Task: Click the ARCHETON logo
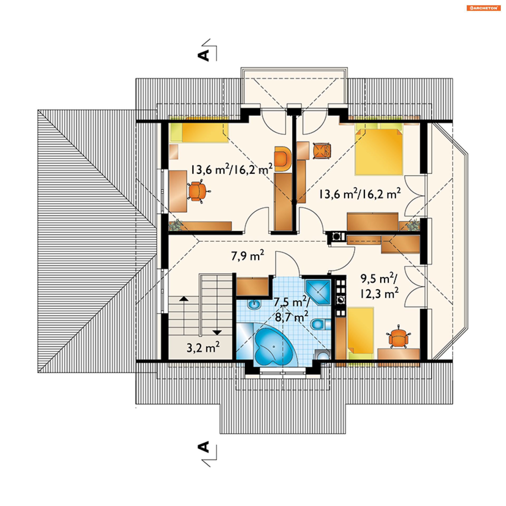483,8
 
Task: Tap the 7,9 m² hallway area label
247,255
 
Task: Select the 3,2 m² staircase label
203,347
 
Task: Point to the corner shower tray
318,292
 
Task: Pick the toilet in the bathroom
320,324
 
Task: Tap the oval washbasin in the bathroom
254,304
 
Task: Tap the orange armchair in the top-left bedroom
283,159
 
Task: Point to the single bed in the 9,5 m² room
361,333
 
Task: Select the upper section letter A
203,55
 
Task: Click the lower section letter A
203,447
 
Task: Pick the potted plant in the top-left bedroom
175,225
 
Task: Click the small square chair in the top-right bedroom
322,151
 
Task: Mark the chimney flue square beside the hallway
336,236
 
